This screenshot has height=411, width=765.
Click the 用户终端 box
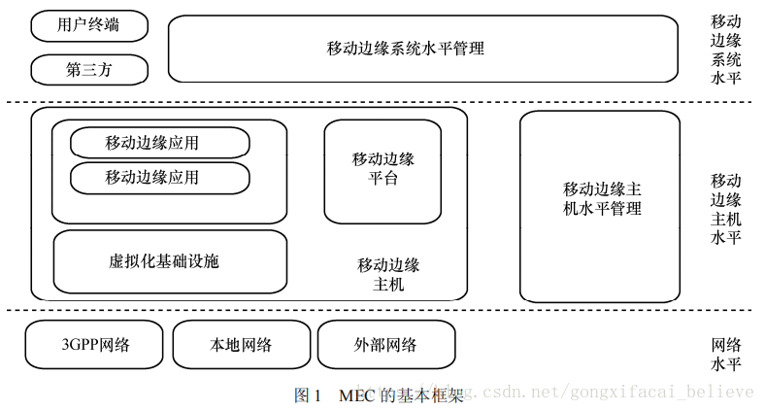tap(89, 26)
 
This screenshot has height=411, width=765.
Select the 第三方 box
tap(89, 70)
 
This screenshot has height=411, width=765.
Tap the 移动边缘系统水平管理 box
tap(422, 48)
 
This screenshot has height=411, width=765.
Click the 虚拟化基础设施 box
tap(170, 261)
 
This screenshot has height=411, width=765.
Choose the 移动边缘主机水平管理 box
tap(599, 205)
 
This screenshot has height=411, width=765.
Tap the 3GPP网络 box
tap(93, 344)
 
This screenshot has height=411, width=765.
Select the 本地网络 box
tap(241, 344)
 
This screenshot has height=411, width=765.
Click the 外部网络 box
tap(385, 344)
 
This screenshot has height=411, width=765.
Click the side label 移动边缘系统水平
tap(726, 50)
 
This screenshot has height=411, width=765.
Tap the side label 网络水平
tap(726, 354)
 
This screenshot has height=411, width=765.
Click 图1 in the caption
tap(307, 395)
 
